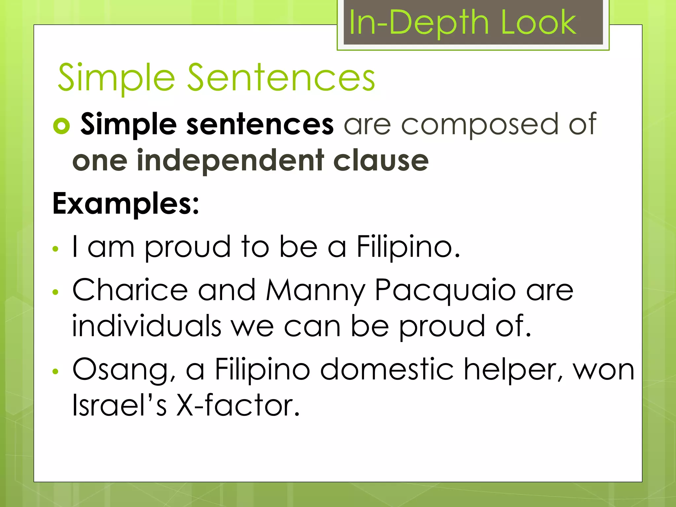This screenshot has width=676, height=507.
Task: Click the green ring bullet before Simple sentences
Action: tap(61, 126)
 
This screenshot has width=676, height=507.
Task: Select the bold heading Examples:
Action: tap(126, 204)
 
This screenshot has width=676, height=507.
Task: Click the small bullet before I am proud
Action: tap(55, 249)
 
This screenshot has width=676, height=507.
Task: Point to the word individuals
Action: tap(147, 326)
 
